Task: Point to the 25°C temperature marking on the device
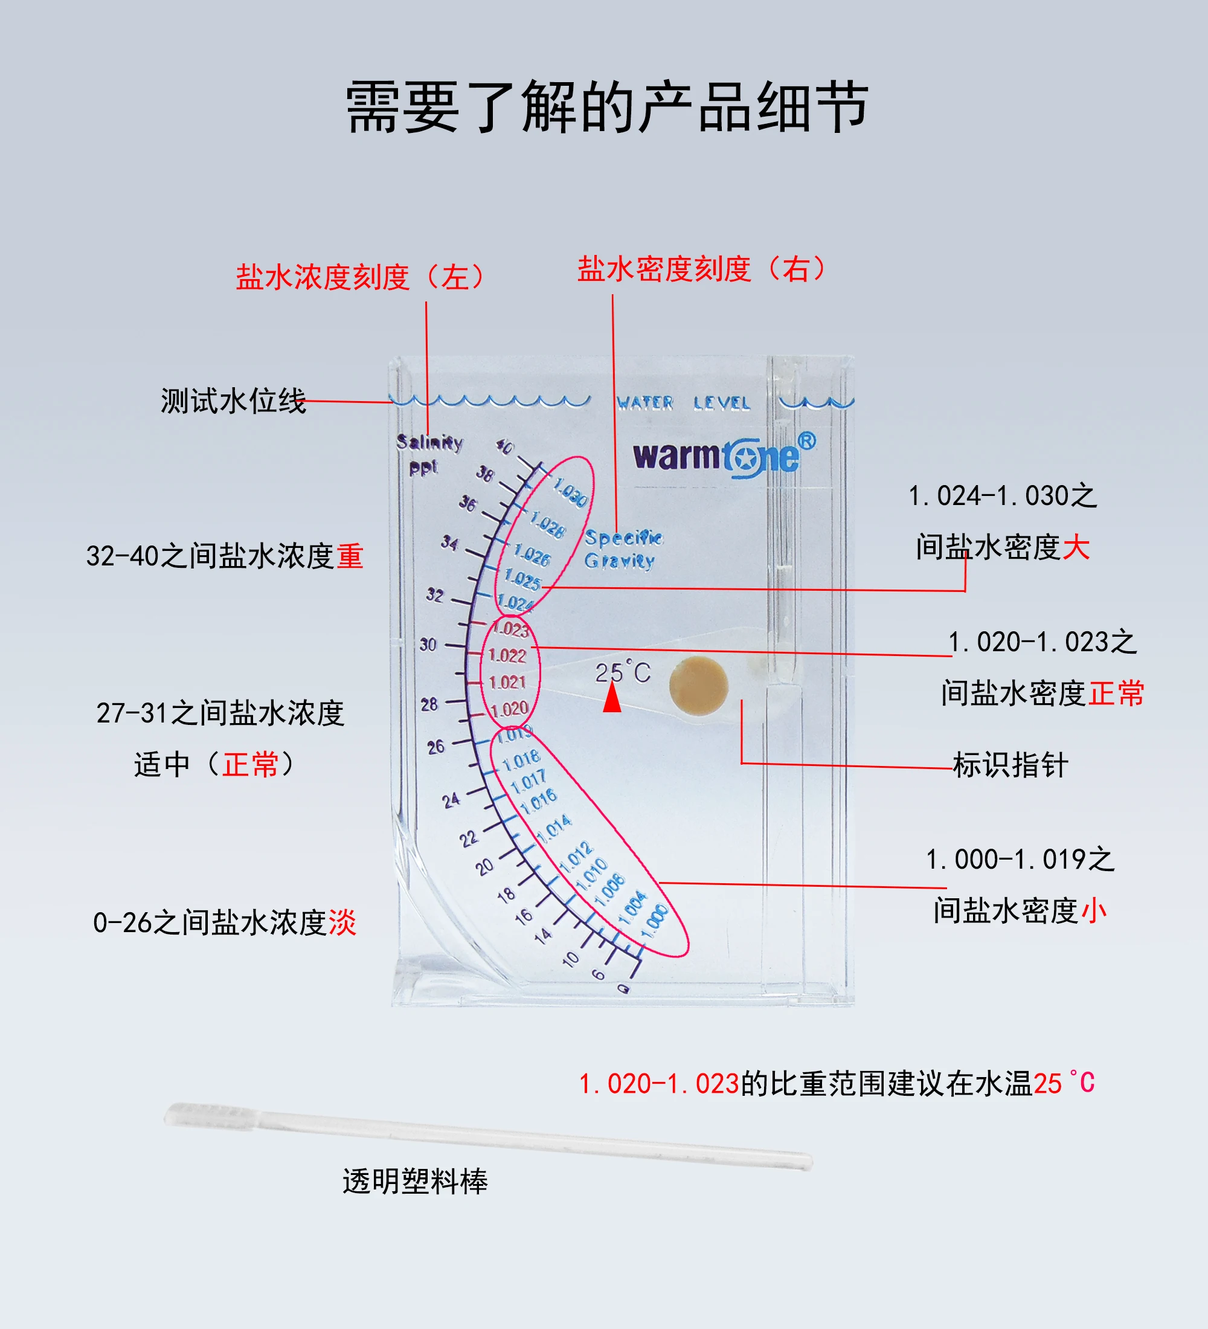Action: pyautogui.click(x=623, y=672)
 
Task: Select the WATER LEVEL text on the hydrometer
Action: pyautogui.click(x=683, y=402)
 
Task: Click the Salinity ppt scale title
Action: pyautogui.click(x=428, y=454)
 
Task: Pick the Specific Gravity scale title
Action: pyautogui.click(x=623, y=549)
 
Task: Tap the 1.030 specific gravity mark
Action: pyautogui.click(x=570, y=493)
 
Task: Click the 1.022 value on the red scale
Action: pyautogui.click(x=507, y=655)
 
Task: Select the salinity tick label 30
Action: pyautogui.click(x=428, y=644)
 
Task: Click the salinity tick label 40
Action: pyautogui.click(x=505, y=446)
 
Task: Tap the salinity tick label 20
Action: pyautogui.click(x=485, y=866)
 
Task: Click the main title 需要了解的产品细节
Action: pyautogui.click(x=607, y=107)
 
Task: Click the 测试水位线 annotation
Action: pyautogui.click(x=233, y=401)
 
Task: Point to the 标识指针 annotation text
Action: pyautogui.click(x=1010, y=765)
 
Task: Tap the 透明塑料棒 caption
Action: pyautogui.click(x=415, y=1180)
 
